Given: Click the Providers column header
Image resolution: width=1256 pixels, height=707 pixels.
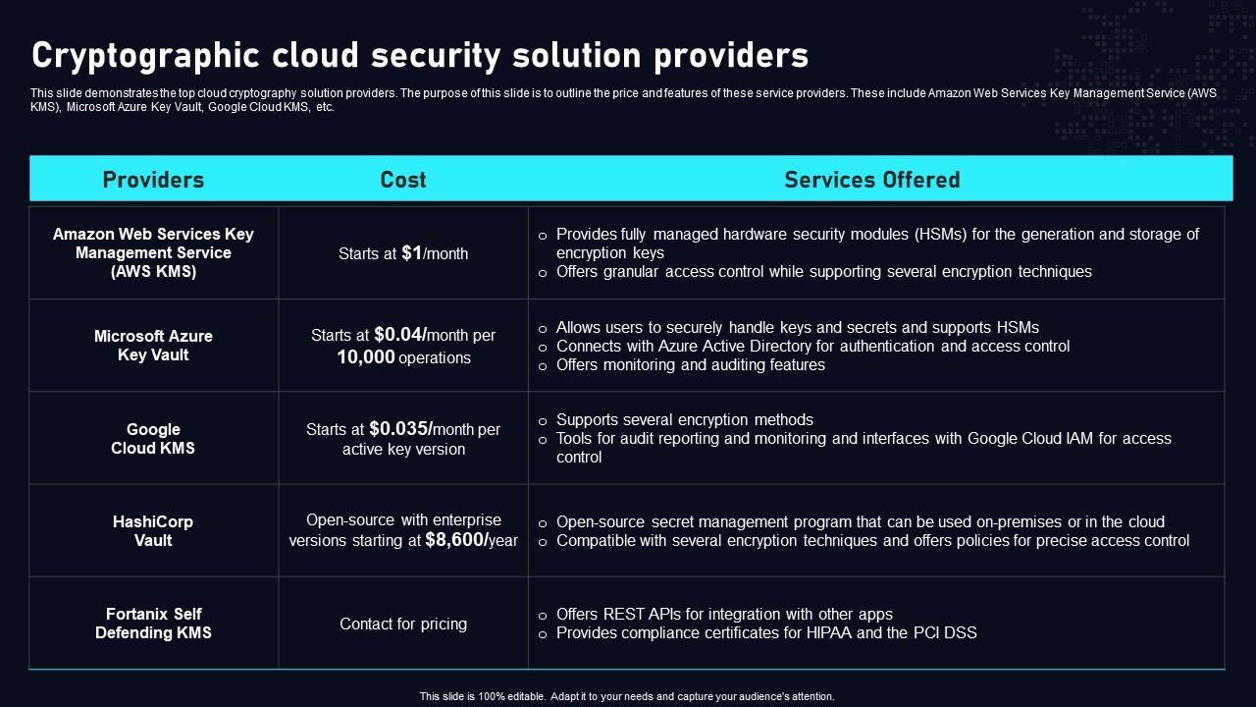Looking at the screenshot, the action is [153, 180].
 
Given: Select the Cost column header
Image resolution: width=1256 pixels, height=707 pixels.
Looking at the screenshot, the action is [403, 180].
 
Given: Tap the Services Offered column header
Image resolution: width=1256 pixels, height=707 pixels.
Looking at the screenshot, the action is [871, 180].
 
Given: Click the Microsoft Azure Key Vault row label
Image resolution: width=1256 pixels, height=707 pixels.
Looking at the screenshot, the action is [153, 346].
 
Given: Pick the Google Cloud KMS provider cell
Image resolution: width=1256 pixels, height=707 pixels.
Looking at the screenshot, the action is [153, 439].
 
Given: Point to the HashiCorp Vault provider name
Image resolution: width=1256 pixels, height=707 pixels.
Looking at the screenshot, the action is [153, 531].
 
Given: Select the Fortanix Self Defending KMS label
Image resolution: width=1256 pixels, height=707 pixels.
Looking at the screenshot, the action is [153, 624].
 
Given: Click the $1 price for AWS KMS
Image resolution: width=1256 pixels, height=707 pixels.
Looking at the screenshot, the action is [412, 252].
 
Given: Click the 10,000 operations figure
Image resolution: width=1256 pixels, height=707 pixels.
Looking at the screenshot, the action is [366, 357].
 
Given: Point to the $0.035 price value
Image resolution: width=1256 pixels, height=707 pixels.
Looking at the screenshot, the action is [400, 428].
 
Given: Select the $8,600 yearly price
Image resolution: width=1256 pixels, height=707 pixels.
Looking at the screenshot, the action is [456, 540].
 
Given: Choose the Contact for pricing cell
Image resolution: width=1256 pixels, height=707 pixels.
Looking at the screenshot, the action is [403, 624].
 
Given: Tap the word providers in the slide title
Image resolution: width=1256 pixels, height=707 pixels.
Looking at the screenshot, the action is [731, 56].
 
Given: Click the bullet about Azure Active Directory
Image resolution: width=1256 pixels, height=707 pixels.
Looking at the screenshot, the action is [812, 346].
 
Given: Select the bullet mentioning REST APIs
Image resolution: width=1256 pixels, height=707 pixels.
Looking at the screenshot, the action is [724, 614].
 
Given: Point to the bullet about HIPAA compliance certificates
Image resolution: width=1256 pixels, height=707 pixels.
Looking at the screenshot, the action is [766, 632].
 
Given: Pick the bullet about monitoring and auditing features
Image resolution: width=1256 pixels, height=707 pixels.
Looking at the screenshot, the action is [690, 364].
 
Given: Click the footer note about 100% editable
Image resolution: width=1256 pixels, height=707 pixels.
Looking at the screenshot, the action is [627, 696].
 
